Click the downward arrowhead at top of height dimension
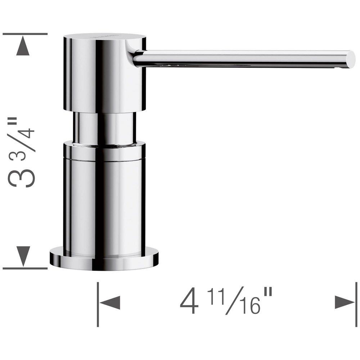point(23,47)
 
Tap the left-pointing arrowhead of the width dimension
point(110,302)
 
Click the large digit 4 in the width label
point(189,302)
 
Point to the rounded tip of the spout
point(350,59)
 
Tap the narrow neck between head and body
point(104,128)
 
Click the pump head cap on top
point(104,72)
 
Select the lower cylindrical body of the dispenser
point(104,198)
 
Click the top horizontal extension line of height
point(25,34)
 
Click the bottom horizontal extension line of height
point(25,268)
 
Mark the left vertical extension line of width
point(98,304)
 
